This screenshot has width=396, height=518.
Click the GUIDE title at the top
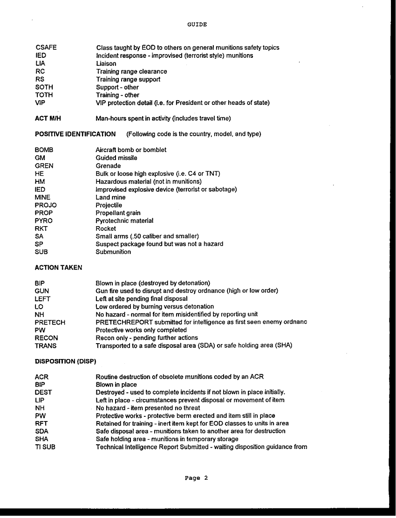(x=197, y=24)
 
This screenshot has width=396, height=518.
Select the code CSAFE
(x=46, y=48)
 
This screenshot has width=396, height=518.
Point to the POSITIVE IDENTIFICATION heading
(x=75, y=134)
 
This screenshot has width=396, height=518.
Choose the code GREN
(x=44, y=166)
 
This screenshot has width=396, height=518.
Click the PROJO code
(x=46, y=205)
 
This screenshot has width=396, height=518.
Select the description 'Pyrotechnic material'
(x=124, y=221)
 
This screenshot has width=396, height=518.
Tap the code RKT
(x=41, y=229)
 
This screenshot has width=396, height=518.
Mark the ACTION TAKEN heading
(x=58, y=268)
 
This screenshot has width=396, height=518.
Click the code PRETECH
(x=50, y=323)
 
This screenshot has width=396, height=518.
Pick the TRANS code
(x=46, y=346)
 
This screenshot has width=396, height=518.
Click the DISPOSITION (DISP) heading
(x=65, y=361)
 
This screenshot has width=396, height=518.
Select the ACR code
(x=41, y=377)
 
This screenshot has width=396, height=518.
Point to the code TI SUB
(x=45, y=447)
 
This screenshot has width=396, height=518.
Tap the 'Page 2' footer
(x=196, y=478)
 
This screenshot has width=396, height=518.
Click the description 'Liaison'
(x=106, y=63)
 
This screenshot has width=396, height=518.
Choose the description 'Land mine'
(x=110, y=198)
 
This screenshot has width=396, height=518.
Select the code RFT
(x=41, y=423)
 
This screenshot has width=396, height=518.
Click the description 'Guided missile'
(x=116, y=158)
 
